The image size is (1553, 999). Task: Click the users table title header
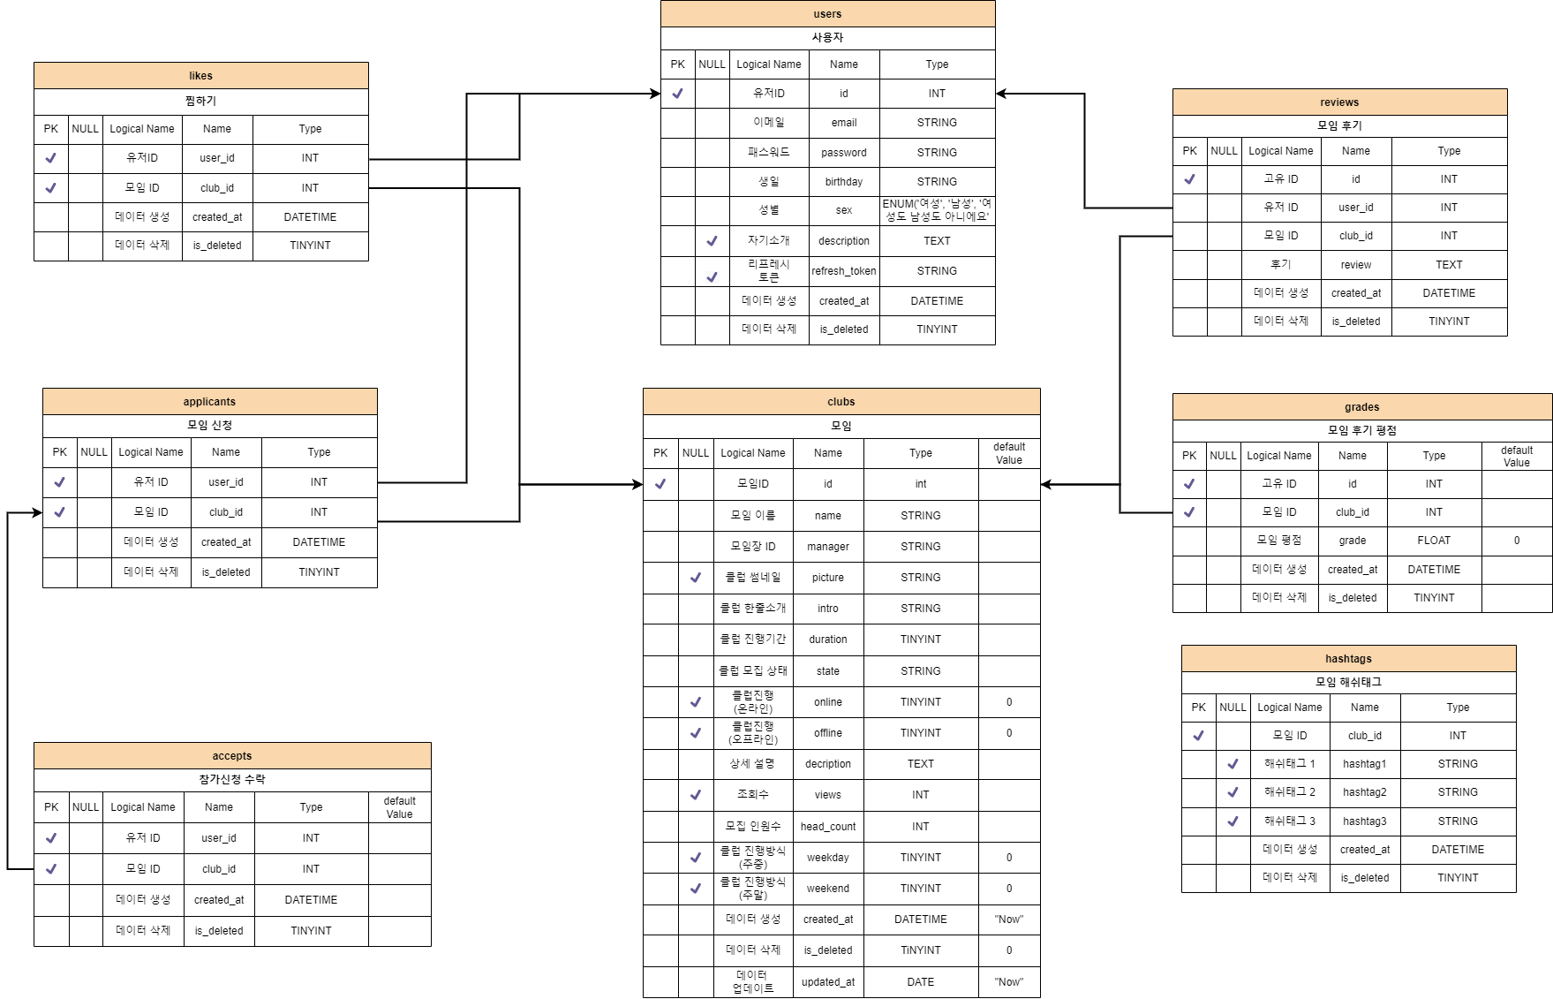[x=827, y=14]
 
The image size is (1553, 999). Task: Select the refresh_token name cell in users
[x=844, y=271]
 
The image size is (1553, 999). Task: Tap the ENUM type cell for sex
[x=937, y=210]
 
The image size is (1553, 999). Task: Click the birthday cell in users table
[x=844, y=182]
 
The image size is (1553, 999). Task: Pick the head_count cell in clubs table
[x=828, y=827]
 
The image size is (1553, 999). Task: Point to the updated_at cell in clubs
[x=828, y=982]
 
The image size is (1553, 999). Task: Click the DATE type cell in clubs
[x=920, y=982]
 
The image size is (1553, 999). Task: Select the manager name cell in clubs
[x=828, y=547]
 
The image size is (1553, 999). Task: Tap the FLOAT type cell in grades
[x=1434, y=541]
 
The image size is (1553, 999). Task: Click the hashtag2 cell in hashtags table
[x=1364, y=792]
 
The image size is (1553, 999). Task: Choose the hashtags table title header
[x=1348, y=659]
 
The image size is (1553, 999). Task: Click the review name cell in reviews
[x=1356, y=265]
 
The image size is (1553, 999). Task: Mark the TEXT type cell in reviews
[x=1449, y=265]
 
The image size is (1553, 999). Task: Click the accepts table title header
[x=232, y=756]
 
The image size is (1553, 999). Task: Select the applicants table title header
[x=209, y=402]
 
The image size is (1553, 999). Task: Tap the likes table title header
[x=200, y=76]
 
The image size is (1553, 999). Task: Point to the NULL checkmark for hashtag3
[x=1233, y=821]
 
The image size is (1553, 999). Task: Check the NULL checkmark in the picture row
[x=696, y=578]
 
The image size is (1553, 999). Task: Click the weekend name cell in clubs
[x=828, y=889]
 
